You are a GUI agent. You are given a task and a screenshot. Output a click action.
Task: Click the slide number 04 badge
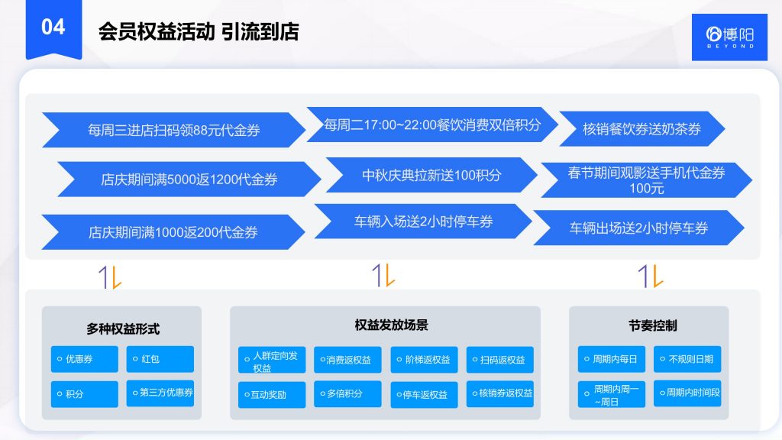click(53, 27)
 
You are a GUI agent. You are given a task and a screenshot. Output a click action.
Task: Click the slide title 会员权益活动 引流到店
click(198, 31)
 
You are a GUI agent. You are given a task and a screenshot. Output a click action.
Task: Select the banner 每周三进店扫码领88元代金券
click(173, 130)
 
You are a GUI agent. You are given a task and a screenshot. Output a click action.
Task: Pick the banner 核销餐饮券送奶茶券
click(641, 129)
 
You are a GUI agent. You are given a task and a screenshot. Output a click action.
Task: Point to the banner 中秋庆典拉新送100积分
click(431, 175)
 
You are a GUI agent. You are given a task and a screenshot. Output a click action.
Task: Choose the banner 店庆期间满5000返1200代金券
click(189, 180)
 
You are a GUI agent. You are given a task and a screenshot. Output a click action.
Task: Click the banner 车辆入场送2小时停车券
click(422, 222)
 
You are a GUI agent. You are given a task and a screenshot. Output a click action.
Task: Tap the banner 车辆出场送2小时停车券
click(638, 228)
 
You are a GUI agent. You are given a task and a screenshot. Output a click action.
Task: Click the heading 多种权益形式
click(122, 329)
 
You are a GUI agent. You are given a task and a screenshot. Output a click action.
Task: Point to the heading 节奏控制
click(649, 325)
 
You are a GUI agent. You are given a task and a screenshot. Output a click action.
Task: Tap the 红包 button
click(160, 359)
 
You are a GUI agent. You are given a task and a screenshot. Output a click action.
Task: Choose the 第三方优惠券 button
click(160, 393)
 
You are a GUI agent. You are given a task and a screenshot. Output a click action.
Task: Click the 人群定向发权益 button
click(273, 361)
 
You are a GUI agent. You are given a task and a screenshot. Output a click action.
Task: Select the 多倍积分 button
click(347, 394)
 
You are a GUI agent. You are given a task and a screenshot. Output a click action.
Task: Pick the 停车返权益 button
click(424, 395)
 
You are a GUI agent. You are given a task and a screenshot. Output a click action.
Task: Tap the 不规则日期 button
click(687, 359)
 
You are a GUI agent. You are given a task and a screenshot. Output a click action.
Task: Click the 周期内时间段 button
click(687, 393)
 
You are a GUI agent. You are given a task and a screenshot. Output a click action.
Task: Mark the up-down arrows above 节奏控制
click(647, 276)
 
